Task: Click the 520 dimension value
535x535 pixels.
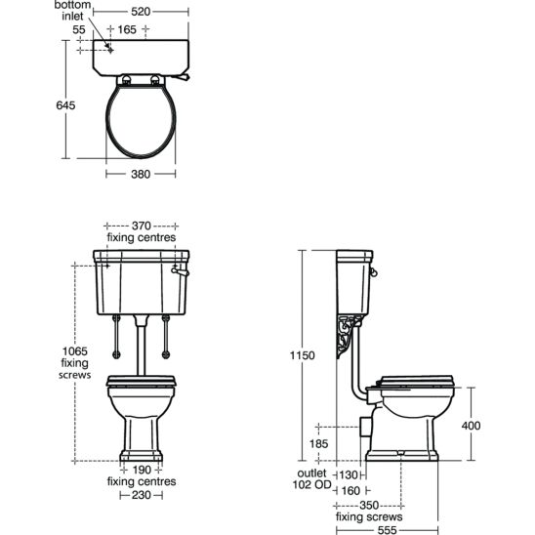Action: pyautogui.click(x=141, y=12)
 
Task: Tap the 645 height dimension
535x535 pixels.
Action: pyautogui.click(x=65, y=105)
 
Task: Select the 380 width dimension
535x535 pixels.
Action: pyautogui.click(x=141, y=175)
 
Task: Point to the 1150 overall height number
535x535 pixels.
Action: pyautogui.click(x=303, y=355)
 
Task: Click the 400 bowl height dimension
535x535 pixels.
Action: pyautogui.click(x=471, y=426)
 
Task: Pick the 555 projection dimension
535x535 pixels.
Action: pyautogui.click(x=388, y=530)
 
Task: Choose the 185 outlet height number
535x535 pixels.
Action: pyautogui.click(x=318, y=444)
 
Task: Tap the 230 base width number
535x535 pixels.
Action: pyautogui.click(x=142, y=495)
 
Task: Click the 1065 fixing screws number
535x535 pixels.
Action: pyautogui.click(x=75, y=351)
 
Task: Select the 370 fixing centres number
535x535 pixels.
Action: pyautogui.click(x=142, y=226)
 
